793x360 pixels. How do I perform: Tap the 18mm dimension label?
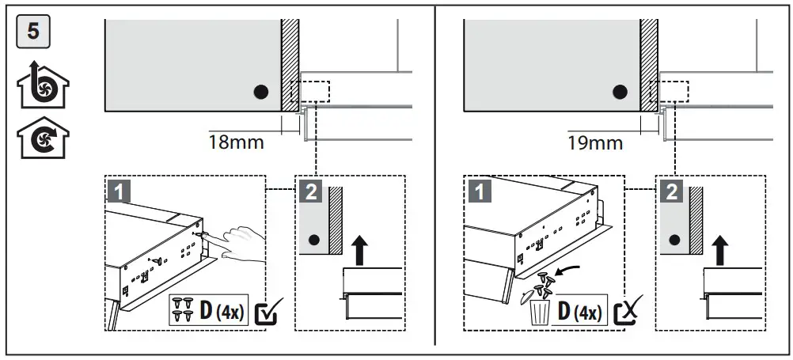(x=237, y=143)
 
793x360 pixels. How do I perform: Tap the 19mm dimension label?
(x=595, y=143)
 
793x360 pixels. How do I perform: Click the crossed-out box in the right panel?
(x=624, y=312)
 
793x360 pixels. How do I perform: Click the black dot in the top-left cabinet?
(x=260, y=92)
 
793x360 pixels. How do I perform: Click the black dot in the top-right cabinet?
(x=620, y=92)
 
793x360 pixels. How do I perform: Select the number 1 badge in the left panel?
(x=119, y=190)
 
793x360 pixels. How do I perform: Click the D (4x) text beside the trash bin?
(x=579, y=312)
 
